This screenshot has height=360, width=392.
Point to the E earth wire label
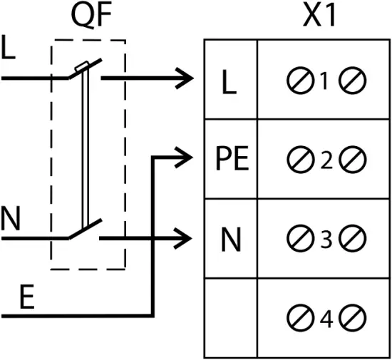26,299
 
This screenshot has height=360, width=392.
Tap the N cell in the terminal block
230,240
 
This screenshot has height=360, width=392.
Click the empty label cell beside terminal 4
230,319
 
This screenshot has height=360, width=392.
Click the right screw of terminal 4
352,319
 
